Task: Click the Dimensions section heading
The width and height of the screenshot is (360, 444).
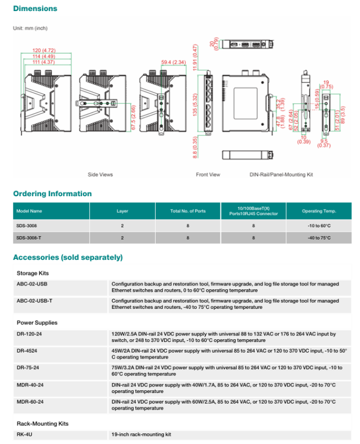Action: coord(35,9)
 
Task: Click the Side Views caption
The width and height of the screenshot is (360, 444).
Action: coord(100,175)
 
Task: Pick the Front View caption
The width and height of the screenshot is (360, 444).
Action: coord(208,175)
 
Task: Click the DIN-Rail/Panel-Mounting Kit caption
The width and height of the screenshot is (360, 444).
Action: coord(281,175)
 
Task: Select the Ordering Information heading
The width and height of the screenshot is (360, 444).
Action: coord(53,193)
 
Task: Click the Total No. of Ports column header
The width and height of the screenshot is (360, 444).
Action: coord(188,211)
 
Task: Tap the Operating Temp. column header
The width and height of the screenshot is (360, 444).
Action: coord(319,211)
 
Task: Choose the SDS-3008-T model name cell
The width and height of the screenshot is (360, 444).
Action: coord(29,237)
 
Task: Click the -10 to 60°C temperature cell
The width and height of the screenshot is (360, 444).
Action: coord(319,226)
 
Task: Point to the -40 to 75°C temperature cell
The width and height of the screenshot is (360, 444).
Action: coord(319,237)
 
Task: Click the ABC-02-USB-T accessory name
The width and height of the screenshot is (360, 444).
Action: coord(35,300)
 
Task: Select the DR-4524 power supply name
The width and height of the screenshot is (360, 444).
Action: coord(27,350)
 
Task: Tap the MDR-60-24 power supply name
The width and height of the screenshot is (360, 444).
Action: coord(30,401)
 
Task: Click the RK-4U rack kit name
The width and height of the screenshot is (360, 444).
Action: coord(24,435)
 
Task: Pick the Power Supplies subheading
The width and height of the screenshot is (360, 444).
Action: coord(37,323)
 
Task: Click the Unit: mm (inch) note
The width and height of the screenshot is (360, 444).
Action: coord(31,28)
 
